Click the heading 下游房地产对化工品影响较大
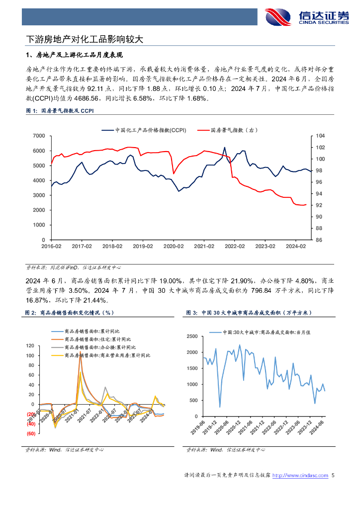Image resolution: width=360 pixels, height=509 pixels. tap(85, 38)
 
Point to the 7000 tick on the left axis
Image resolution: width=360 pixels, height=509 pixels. tap(39, 136)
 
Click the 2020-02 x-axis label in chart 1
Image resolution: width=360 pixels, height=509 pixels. tap(174, 246)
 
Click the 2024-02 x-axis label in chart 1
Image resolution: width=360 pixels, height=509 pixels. tap(295, 246)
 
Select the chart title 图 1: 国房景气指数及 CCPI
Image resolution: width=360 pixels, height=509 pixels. tap(59, 111)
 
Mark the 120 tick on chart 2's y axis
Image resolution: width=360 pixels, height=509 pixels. tap(29, 346)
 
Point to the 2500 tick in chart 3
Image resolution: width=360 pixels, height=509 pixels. tap(192, 337)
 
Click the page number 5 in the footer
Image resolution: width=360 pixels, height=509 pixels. tap(333, 476)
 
